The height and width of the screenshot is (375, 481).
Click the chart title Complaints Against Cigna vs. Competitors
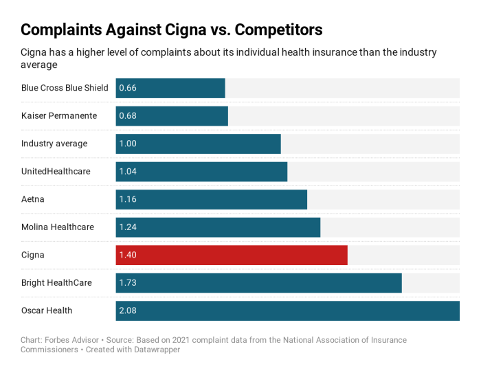coord(171,30)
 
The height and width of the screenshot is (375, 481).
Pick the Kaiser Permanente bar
coord(172,115)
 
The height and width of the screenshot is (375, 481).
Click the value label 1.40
coord(128,255)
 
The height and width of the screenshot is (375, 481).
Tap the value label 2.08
coord(128,310)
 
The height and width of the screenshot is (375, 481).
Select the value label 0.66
coord(128,88)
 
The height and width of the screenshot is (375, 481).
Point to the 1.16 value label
coord(128,199)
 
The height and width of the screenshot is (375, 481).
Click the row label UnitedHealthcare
coord(56,171)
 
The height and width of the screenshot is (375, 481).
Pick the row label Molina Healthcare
coord(58,227)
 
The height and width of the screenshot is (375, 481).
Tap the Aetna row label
coord(33,199)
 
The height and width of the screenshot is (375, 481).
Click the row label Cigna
coord(33,255)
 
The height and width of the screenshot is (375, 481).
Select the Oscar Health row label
coord(47,310)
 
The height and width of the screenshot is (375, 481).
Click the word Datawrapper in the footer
coord(157,350)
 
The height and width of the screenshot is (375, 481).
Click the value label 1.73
coord(128,283)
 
